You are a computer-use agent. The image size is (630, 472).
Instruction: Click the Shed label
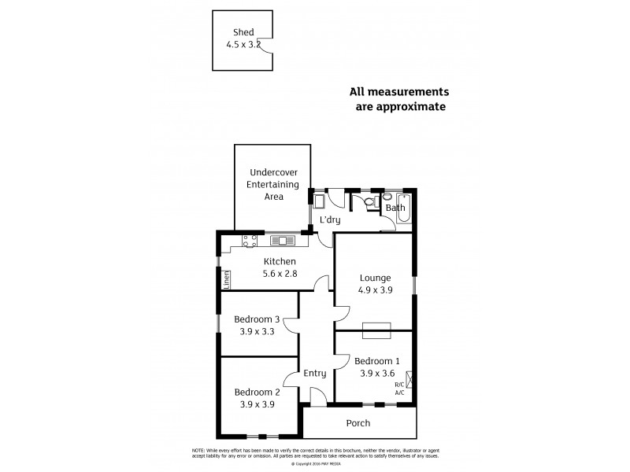coord(243,32)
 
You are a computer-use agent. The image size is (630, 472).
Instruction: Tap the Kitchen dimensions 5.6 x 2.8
coord(280,274)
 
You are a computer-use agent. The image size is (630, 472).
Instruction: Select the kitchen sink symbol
coord(281,240)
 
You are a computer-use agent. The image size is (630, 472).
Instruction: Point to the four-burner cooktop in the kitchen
coord(250,241)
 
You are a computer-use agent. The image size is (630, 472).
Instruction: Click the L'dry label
coord(329,221)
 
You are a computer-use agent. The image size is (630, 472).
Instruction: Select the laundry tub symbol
coord(319,201)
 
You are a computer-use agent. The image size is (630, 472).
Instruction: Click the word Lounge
coord(375,278)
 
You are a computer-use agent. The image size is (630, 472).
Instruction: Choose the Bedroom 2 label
coord(257,392)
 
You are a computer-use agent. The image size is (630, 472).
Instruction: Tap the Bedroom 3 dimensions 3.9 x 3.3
coord(257,331)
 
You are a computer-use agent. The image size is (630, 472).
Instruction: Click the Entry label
coord(315,373)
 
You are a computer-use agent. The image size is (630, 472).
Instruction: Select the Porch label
coord(358,423)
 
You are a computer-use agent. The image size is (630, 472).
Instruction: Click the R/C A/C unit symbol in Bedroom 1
coord(408,385)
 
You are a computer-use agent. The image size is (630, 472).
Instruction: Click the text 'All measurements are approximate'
coord(398,98)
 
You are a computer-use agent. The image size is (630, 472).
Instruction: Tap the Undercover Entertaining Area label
coord(273,184)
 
